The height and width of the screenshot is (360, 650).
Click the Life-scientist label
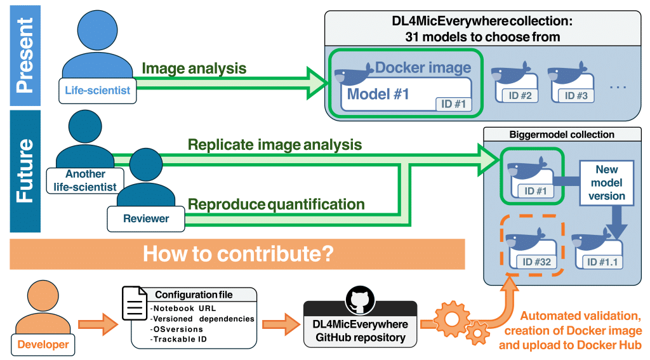point(97,90)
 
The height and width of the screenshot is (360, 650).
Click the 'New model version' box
point(607,183)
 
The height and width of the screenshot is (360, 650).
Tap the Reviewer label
point(146,218)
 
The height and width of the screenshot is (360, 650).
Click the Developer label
point(43,345)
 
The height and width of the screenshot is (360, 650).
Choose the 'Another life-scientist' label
point(85,180)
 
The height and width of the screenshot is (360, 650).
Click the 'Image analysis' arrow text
point(194,68)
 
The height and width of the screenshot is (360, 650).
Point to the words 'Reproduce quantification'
point(276,204)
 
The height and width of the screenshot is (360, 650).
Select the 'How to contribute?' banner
point(238,253)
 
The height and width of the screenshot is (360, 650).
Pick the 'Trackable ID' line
point(180,338)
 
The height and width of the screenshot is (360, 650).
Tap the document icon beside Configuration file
point(135,303)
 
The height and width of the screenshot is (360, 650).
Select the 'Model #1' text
point(378,95)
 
